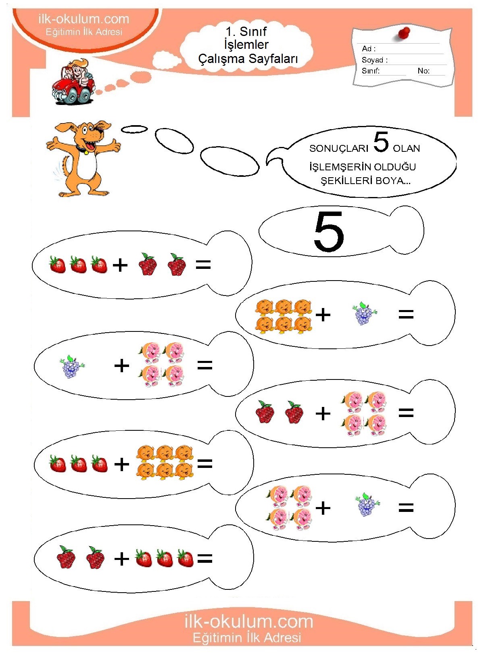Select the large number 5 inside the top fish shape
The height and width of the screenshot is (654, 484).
[328, 231]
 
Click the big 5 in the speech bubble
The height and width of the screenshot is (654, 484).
[381, 142]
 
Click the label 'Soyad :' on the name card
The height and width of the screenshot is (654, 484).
[374, 60]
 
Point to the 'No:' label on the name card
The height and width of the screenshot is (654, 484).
[423, 71]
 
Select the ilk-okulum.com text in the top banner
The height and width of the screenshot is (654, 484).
[83, 19]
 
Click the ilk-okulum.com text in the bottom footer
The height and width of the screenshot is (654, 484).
[249, 622]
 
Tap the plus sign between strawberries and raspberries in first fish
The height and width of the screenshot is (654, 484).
[120, 265]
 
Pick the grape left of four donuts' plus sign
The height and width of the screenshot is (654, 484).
[71, 367]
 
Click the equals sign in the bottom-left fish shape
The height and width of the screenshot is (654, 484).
[204, 558]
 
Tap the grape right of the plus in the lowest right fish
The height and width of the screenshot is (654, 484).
[367, 506]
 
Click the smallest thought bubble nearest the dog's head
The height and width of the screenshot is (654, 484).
[134, 129]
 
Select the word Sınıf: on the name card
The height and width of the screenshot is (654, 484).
[371, 71]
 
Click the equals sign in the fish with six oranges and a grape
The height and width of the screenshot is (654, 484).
[406, 314]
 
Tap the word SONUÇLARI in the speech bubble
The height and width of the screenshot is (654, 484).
[339, 148]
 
